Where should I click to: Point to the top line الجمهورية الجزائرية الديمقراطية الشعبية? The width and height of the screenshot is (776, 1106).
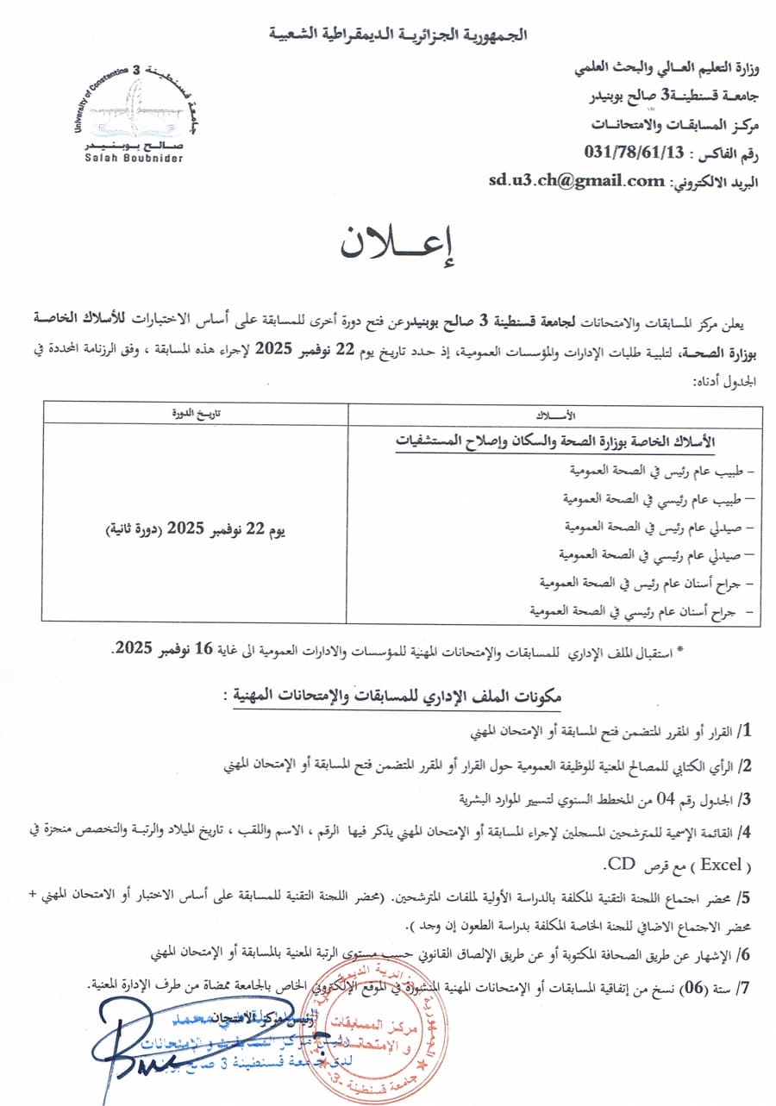click(398, 35)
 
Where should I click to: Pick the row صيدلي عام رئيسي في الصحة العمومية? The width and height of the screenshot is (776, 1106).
click(658, 554)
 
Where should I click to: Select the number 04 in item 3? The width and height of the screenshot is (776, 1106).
click(667, 798)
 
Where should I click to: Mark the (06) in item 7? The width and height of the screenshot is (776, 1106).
click(700, 985)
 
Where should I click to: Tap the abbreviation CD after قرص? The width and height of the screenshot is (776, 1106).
click(621, 860)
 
